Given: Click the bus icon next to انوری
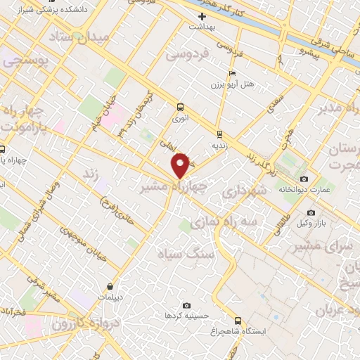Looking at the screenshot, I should click(181, 108).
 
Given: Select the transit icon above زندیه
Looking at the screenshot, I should click(220, 133).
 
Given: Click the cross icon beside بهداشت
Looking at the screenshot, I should click(202, 15).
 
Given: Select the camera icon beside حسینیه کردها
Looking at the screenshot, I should click(186, 305).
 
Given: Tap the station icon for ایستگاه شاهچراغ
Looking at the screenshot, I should click(238, 318).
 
